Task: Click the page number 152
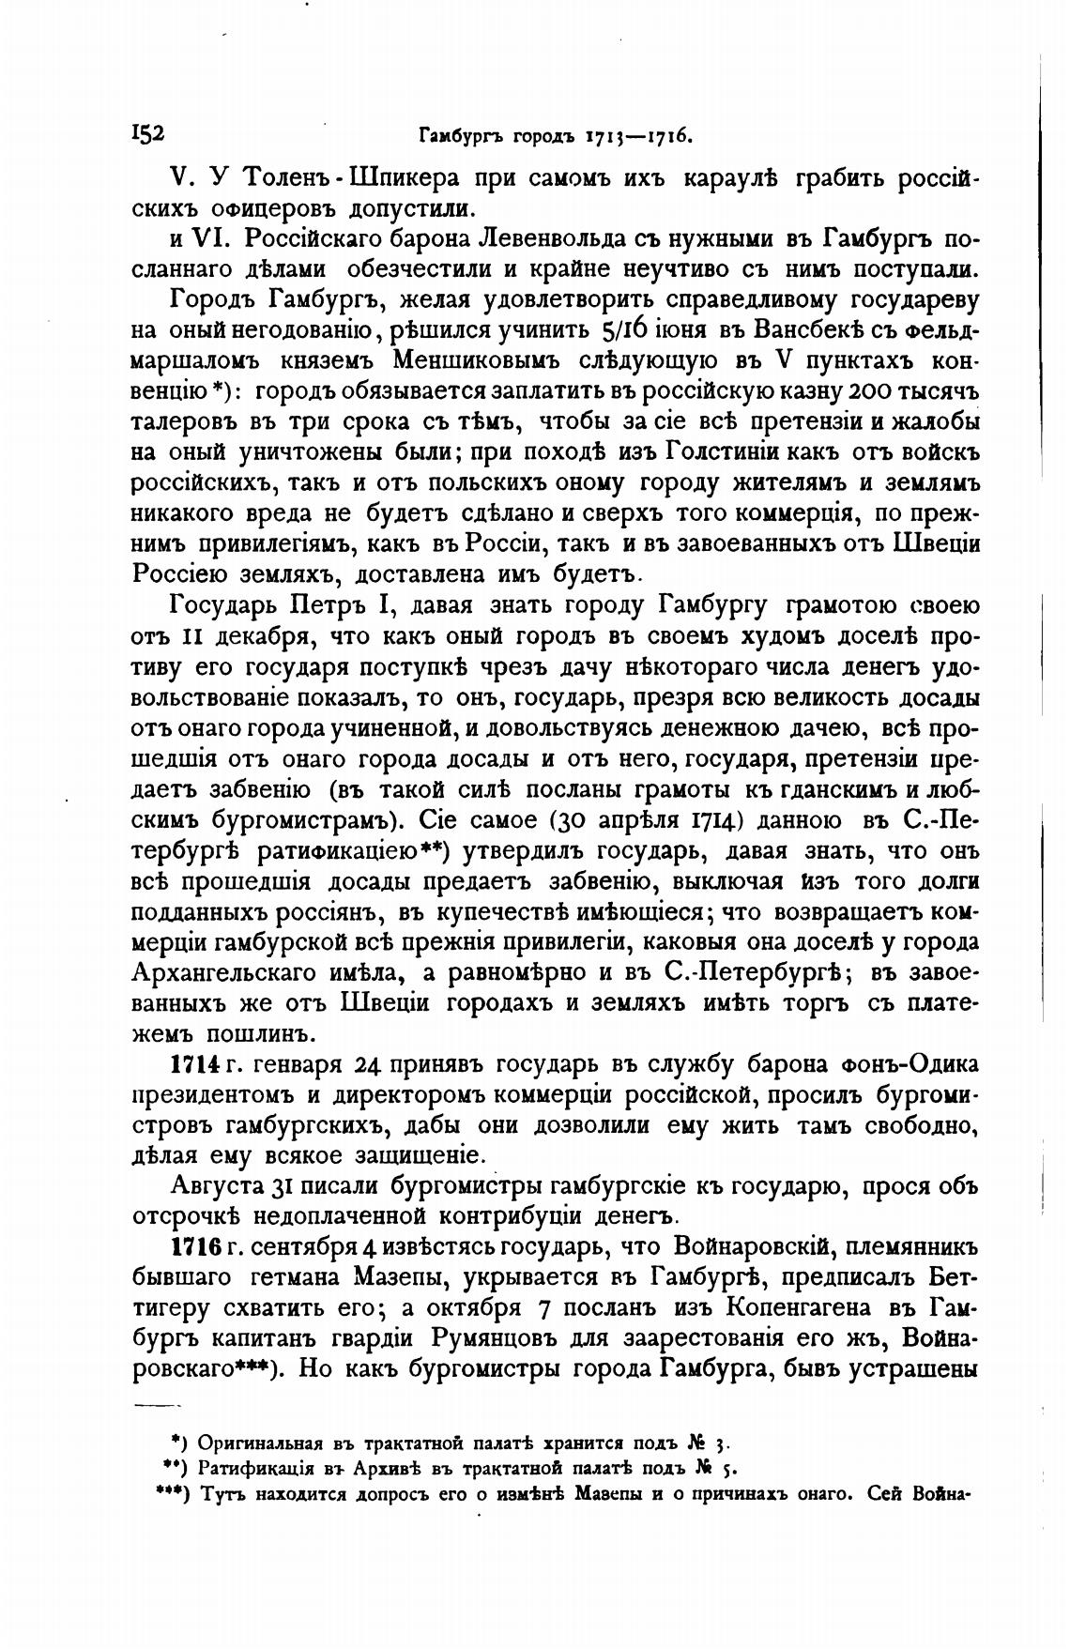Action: [148, 133]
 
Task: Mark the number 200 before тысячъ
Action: [876, 391]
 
